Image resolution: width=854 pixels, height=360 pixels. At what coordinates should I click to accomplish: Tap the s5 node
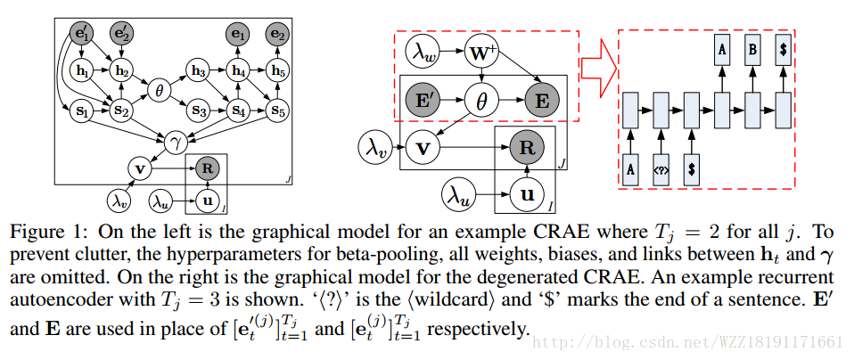point(279,112)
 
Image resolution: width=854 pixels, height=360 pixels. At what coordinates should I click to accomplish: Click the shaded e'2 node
point(120,35)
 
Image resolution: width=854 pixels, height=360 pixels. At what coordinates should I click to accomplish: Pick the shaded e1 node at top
point(238,35)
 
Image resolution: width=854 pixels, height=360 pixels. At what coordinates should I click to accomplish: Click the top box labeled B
point(751,50)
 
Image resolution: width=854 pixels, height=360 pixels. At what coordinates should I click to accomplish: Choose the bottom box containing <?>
point(661,167)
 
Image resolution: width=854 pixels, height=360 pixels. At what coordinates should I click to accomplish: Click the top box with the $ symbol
point(782,50)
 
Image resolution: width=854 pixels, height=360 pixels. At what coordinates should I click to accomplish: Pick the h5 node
point(279,70)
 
